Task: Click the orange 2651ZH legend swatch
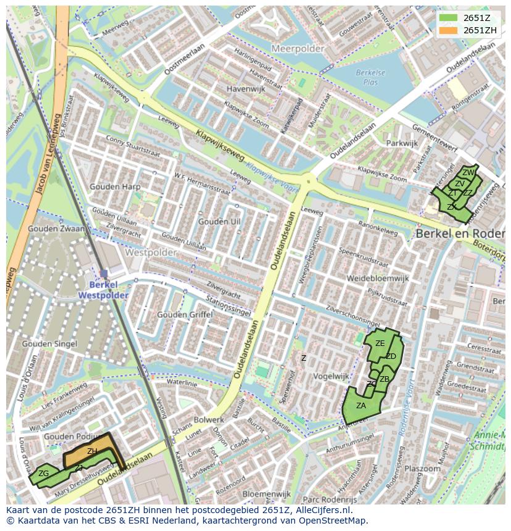(449, 30)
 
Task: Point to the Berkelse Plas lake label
(370, 77)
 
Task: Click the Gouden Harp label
(115, 186)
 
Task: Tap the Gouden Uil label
(219, 221)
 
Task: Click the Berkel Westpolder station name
(103, 290)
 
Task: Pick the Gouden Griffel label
(185, 314)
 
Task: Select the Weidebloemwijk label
(378, 278)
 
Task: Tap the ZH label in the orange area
(92, 451)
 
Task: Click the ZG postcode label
(43, 474)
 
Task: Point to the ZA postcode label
(361, 405)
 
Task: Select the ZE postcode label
(380, 344)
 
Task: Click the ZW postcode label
(468, 173)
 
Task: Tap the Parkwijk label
(402, 143)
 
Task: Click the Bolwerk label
(209, 420)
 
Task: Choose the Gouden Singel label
(49, 344)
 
